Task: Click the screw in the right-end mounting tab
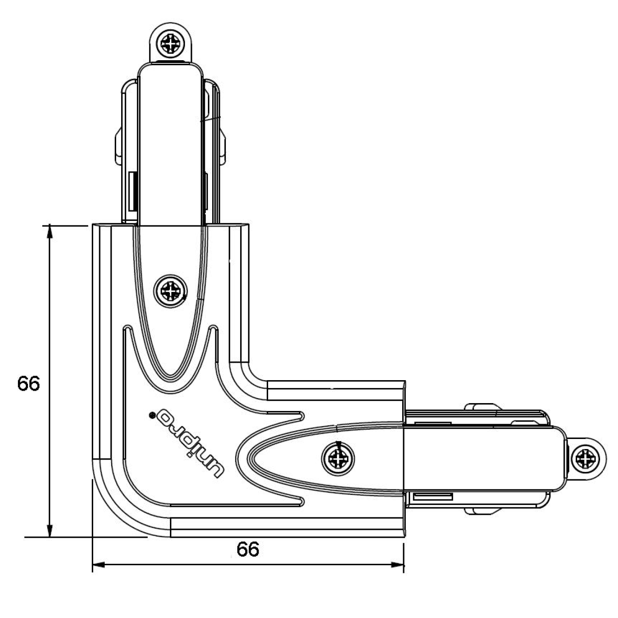tap(585, 459)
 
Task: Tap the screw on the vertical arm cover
tap(171, 291)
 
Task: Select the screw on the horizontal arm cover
tap(338, 459)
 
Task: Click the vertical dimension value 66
tap(28, 383)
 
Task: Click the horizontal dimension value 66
tap(248, 550)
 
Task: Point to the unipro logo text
tap(190, 444)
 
